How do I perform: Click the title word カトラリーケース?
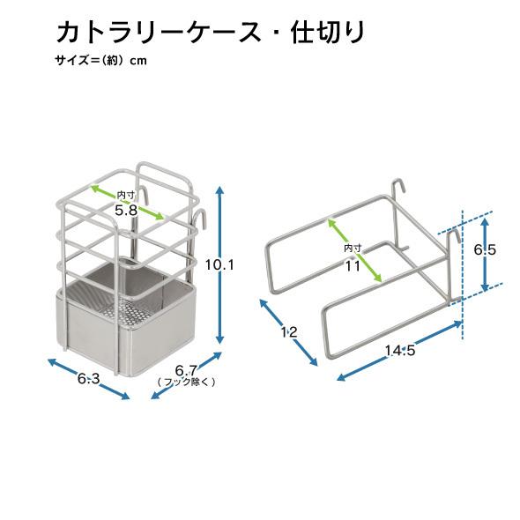click(159, 33)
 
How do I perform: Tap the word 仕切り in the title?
click(328, 33)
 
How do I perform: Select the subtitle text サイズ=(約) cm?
click(100, 60)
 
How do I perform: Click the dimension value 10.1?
click(219, 265)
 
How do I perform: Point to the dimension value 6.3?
click(88, 378)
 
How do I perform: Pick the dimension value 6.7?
click(186, 370)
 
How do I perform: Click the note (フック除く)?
click(186, 382)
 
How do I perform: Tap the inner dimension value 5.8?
click(126, 211)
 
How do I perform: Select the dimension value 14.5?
click(400, 350)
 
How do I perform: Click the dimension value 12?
click(289, 332)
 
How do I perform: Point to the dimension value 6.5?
click(485, 249)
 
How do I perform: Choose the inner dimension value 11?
click(353, 265)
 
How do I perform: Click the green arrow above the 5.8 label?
click(128, 202)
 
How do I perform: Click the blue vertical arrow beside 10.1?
click(219, 265)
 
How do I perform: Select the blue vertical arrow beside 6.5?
click(485, 255)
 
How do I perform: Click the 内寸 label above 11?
click(353, 248)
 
